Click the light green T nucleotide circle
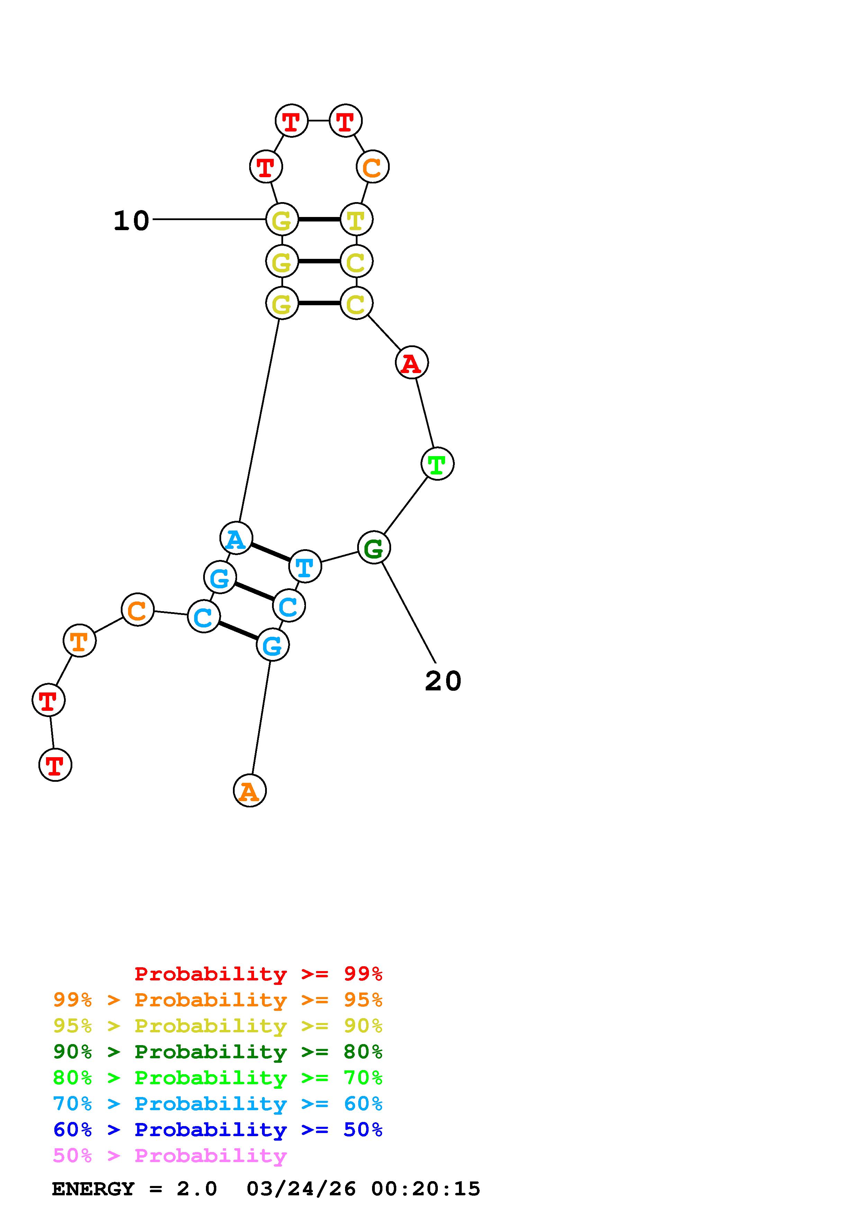point(437,464)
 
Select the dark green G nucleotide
point(374,548)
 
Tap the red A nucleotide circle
point(411,363)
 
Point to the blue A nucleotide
point(236,538)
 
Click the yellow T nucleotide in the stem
point(356,219)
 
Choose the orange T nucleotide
point(79,641)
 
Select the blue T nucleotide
point(305,566)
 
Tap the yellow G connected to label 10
point(282,219)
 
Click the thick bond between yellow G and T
point(319,219)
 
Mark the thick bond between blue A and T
point(270,552)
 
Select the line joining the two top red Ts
point(318,120)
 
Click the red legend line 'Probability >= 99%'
point(258,974)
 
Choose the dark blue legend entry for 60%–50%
point(217,1130)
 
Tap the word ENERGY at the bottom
point(93,1189)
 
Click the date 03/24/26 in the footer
point(301,1189)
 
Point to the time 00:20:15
point(426,1189)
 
